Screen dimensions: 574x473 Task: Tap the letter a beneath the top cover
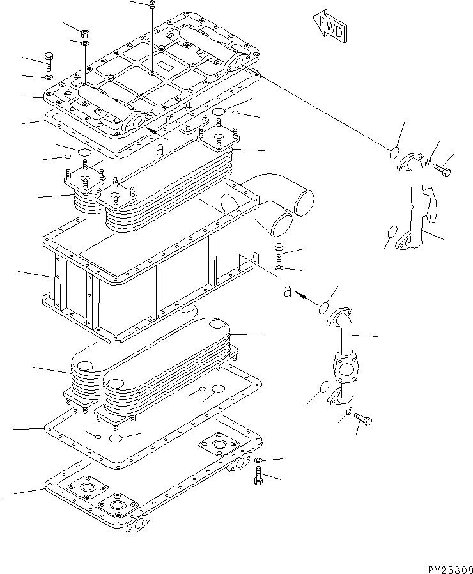tap(160, 150)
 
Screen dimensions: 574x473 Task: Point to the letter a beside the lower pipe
tap(288, 293)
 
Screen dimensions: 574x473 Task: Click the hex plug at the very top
tap(152, 6)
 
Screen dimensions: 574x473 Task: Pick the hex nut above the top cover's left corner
tap(85, 33)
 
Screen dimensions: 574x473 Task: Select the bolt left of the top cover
tap(49, 61)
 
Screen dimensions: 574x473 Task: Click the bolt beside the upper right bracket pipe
tap(442, 170)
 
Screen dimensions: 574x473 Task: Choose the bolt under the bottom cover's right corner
tap(258, 476)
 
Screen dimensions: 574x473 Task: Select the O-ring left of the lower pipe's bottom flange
tap(324, 388)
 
